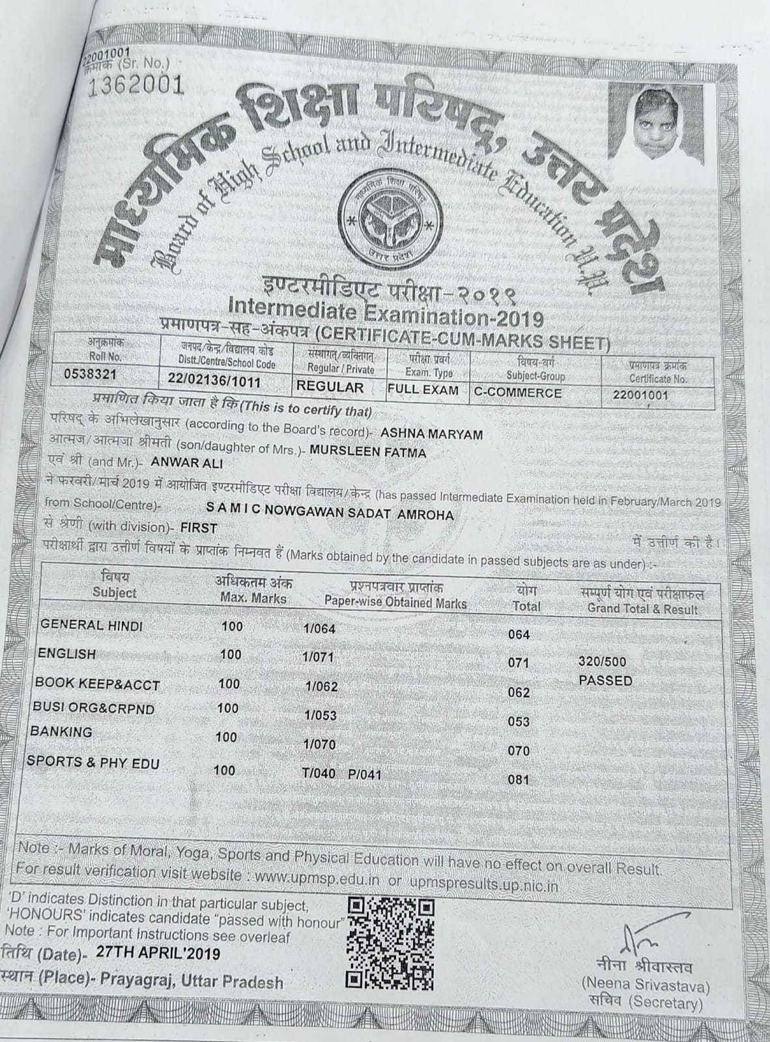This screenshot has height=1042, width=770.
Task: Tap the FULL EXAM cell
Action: (x=423, y=390)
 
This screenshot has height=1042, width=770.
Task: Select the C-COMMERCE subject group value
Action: (x=517, y=392)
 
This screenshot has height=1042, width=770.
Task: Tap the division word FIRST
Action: (x=199, y=528)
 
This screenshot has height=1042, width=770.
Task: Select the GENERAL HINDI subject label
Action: (x=91, y=625)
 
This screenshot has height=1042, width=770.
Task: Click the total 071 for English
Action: (x=519, y=663)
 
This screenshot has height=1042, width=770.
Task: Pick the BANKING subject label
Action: (x=61, y=731)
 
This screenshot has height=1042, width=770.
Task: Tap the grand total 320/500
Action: (x=602, y=662)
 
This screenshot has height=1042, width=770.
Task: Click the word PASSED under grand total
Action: (x=605, y=681)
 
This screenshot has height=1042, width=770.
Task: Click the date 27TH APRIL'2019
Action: (x=158, y=953)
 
